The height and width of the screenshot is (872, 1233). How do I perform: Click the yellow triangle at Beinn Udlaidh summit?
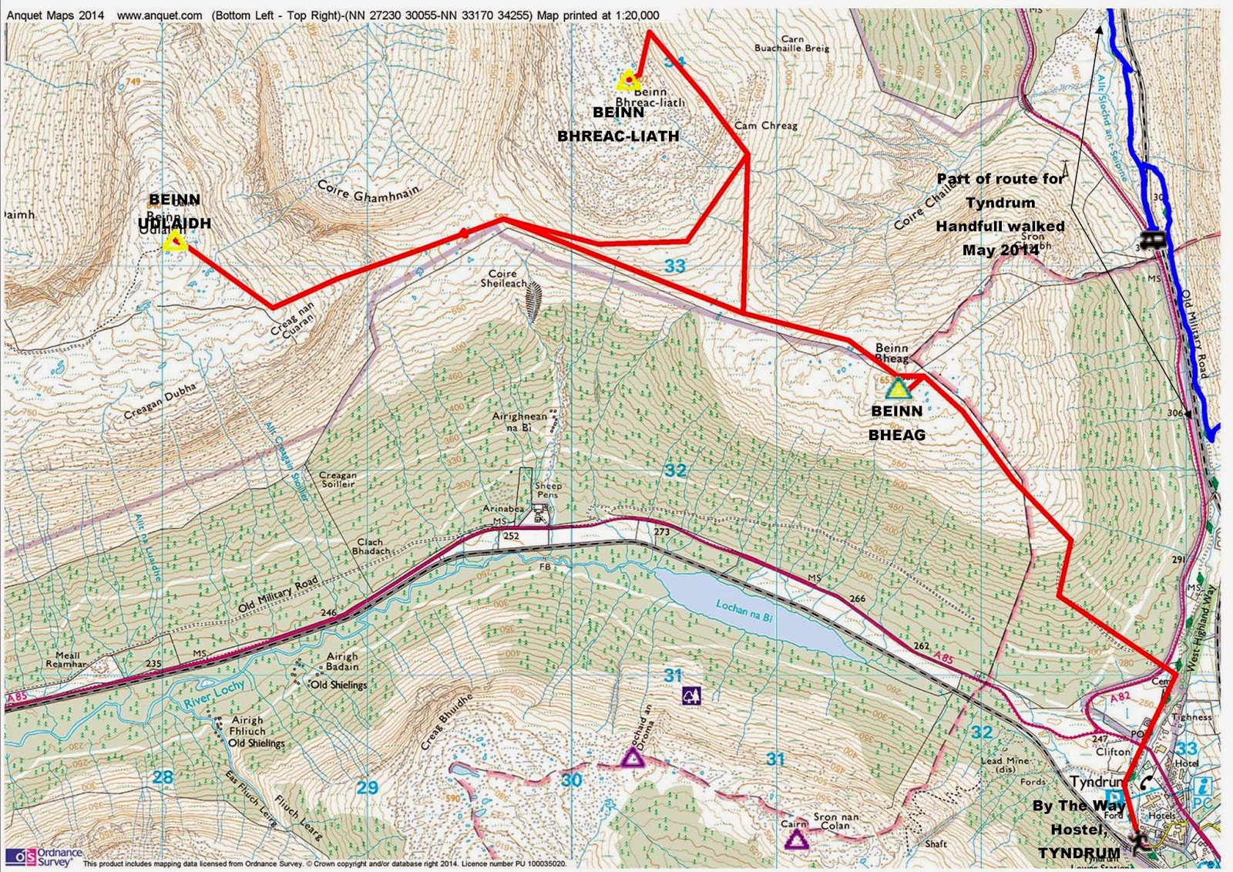[175, 242]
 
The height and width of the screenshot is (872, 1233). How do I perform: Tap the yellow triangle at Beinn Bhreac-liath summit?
[629, 79]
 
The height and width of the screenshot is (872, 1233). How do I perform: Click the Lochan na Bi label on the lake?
[744, 611]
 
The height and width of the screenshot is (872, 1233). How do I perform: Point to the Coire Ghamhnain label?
[368, 190]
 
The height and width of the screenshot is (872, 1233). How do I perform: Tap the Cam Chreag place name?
[766, 125]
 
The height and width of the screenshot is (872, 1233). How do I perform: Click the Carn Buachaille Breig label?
[792, 43]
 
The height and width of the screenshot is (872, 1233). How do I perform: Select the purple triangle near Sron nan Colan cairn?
[796, 839]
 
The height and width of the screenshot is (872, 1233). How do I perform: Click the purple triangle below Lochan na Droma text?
[633, 759]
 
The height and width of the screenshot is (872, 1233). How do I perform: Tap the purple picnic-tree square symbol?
[691, 696]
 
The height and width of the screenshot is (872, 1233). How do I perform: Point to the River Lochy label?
[213, 694]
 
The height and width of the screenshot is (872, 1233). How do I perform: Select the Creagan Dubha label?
[160, 401]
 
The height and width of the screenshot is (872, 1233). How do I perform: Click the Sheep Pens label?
[548, 490]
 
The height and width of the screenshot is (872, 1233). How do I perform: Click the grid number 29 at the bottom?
[368, 787]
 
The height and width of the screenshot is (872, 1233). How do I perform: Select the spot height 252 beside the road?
[511, 536]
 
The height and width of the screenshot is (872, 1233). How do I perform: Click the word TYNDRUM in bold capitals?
[1078, 853]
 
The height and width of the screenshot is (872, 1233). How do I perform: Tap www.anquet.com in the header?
[160, 15]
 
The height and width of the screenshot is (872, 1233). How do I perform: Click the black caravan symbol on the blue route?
[1154, 240]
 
